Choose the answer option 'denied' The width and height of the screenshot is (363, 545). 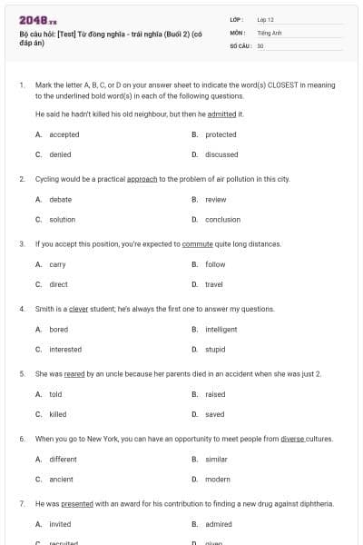pos(60,154)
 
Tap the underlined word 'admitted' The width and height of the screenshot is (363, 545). pos(222,114)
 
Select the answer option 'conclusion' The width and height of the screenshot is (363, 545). pos(222,219)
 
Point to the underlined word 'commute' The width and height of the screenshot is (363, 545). pos(197,244)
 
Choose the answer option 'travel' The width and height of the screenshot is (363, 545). pos(214,284)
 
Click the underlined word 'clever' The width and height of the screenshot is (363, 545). pos(78,309)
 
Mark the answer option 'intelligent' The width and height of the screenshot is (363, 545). pos(221,330)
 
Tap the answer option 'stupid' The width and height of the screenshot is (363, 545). pos(215,350)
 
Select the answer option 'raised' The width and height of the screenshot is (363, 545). pos(215,394)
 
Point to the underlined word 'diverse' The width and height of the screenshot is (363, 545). pos(292,439)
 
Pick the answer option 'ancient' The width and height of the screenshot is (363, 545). pos(61,479)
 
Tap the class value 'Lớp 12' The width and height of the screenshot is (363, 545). pos(266,19)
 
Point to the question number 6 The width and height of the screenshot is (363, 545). pos(21,439)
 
